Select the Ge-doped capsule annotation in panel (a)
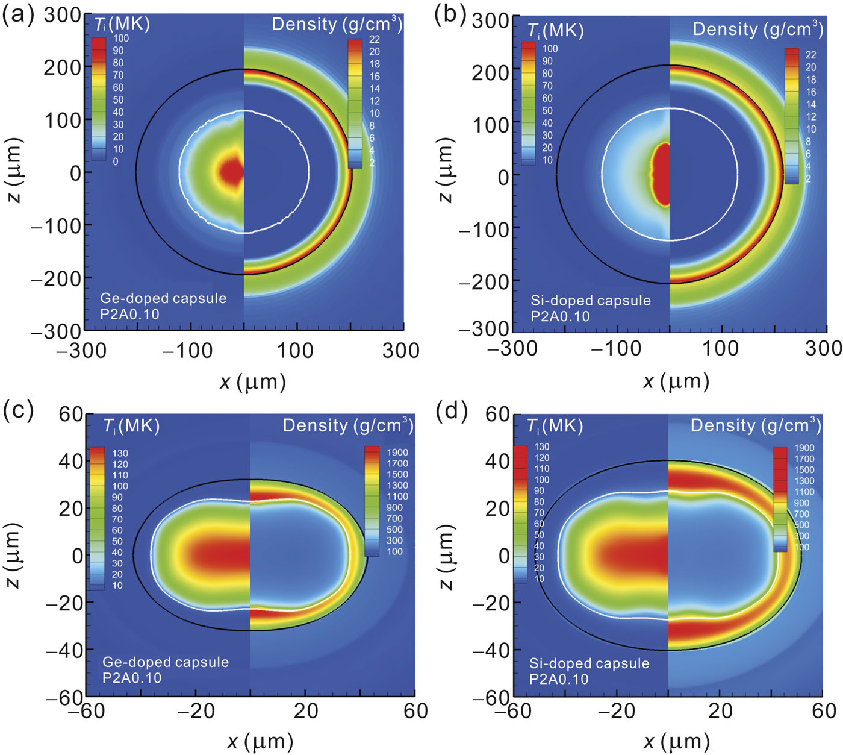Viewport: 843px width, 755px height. click(x=163, y=298)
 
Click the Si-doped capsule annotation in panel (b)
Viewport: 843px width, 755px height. click(x=590, y=301)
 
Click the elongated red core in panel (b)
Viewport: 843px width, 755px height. click(x=661, y=175)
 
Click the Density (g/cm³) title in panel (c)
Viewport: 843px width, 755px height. click(x=347, y=425)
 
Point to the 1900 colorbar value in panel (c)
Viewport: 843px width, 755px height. click(x=397, y=453)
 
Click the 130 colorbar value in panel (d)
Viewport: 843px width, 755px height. click(x=541, y=446)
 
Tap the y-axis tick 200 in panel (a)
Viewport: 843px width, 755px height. click(x=63, y=68)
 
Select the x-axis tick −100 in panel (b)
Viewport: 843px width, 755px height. click(x=615, y=348)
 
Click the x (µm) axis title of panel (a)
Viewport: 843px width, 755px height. click(x=252, y=381)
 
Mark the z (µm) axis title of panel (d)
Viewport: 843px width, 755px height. click(x=446, y=556)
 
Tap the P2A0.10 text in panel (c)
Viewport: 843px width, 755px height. click(x=132, y=678)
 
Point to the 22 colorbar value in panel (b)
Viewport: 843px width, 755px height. click(x=810, y=55)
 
